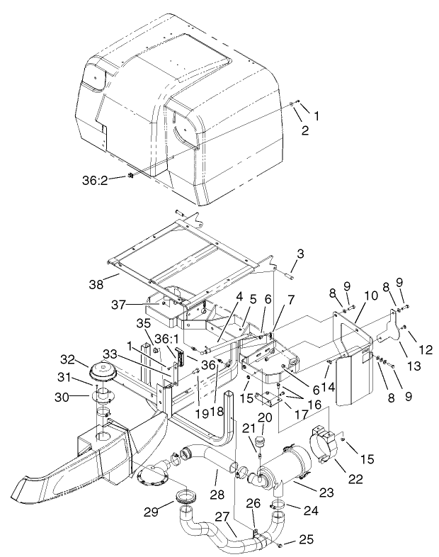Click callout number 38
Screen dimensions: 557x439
click(95, 284)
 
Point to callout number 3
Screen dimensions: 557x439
click(300, 252)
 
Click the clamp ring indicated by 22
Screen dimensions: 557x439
click(326, 444)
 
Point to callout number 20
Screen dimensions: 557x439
click(265, 417)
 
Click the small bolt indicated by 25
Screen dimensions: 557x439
click(281, 544)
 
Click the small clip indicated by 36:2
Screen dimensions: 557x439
click(132, 175)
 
